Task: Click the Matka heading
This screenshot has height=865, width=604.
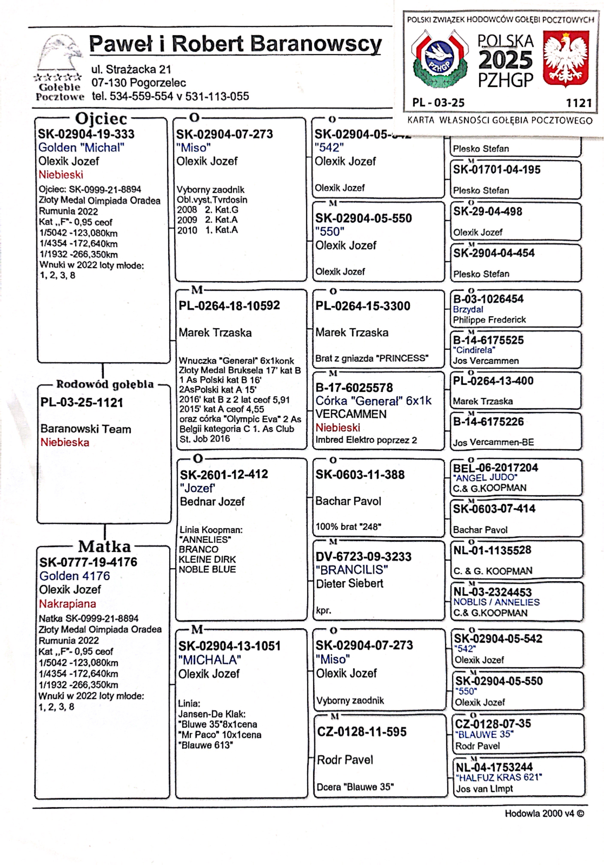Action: tap(104, 546)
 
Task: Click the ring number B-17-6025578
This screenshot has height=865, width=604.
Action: tap(354, 387)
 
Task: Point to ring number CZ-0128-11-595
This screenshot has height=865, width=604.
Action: tap(361, 732)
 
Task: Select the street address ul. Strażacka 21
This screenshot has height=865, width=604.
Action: tap(131, 69)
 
